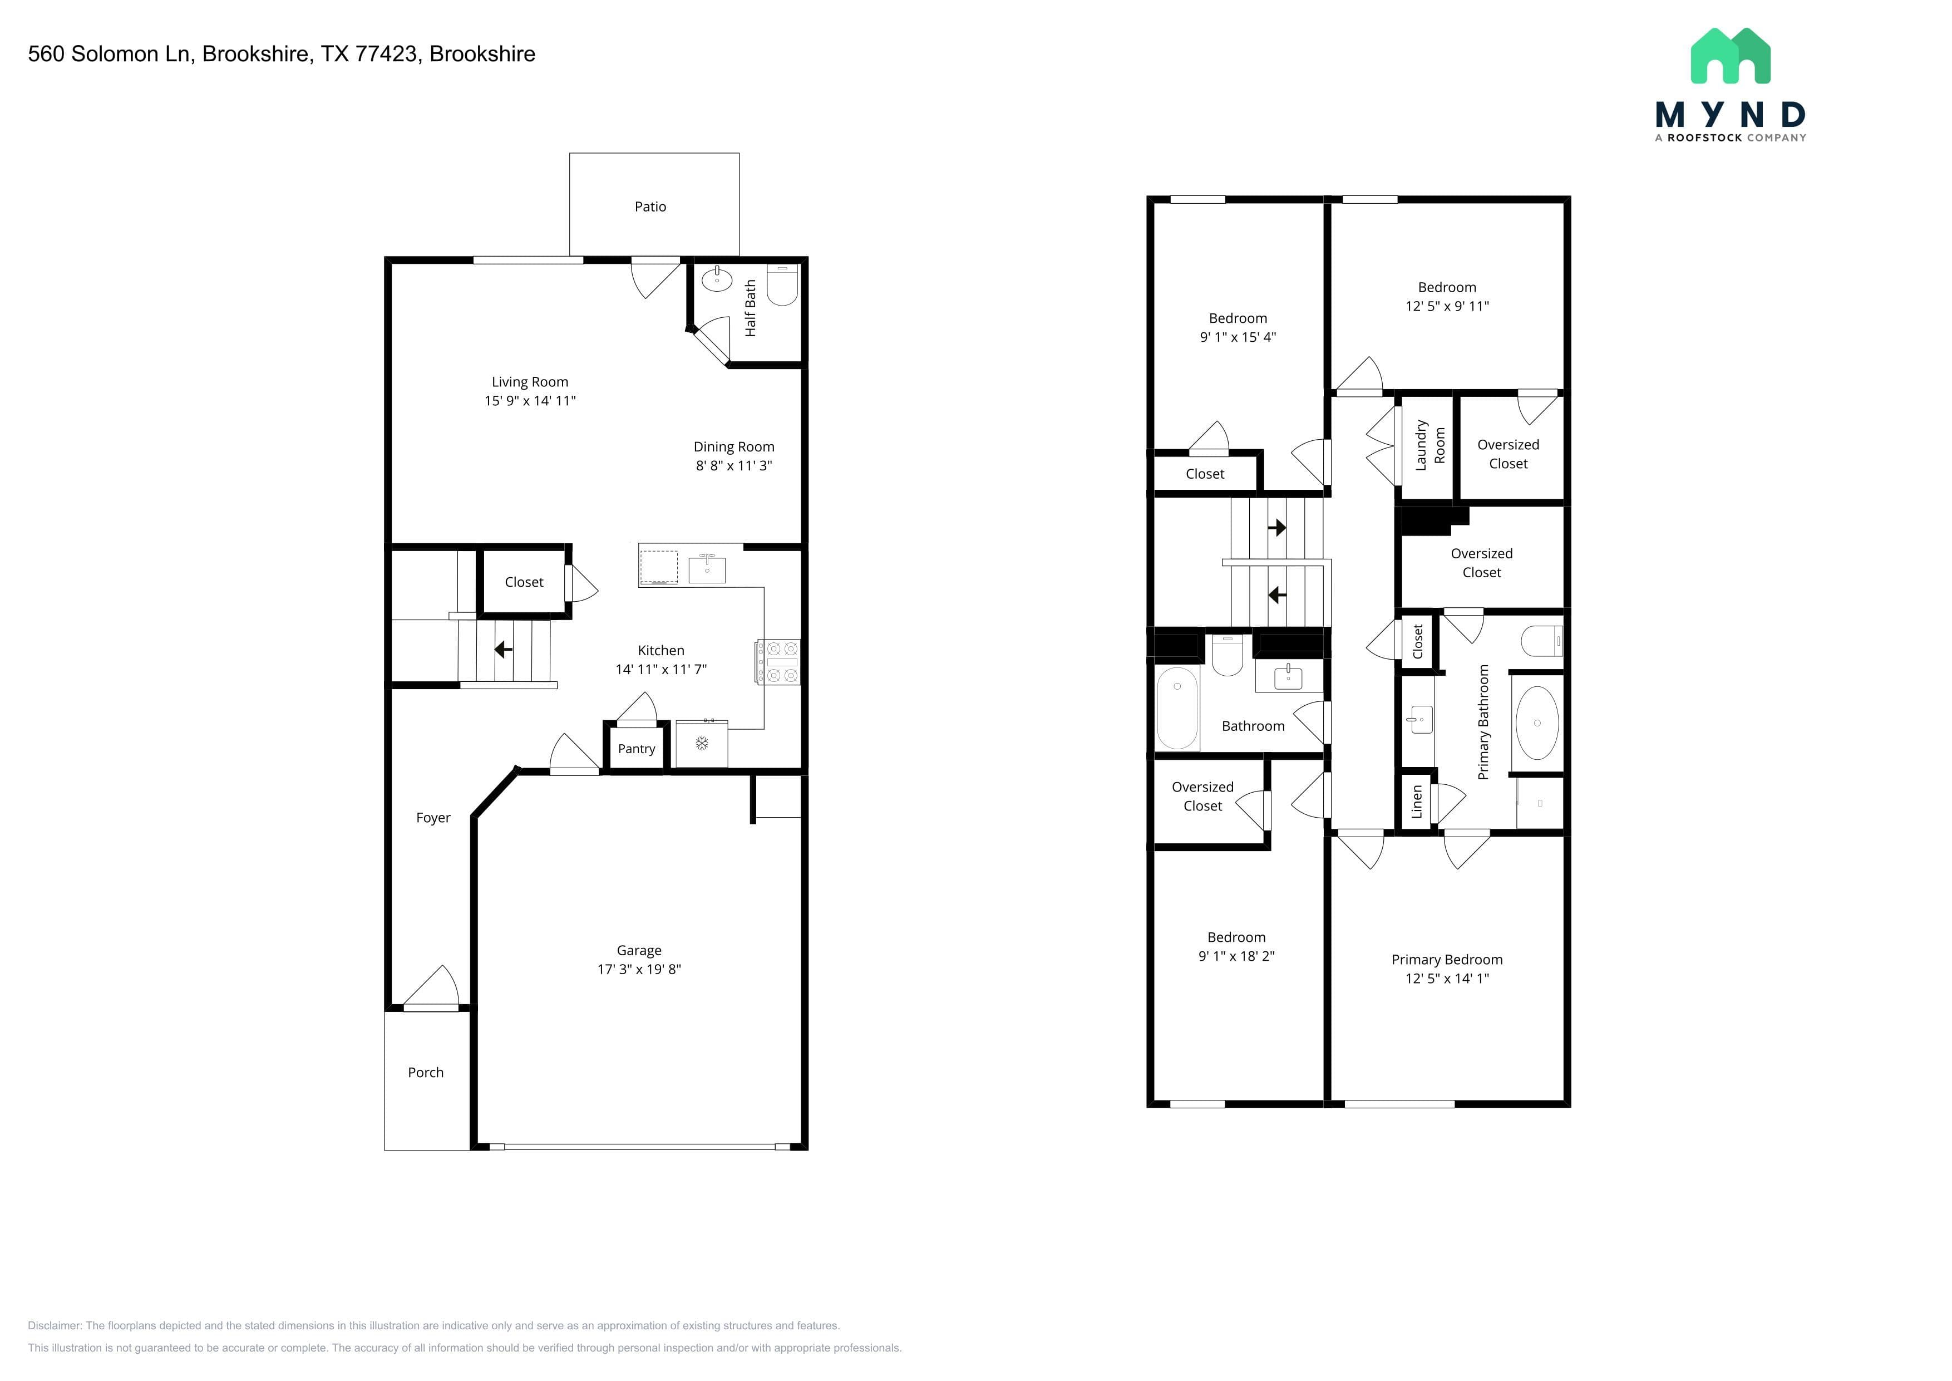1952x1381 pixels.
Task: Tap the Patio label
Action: (x=650, y=207)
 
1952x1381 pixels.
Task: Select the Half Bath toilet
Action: (x=782, y=285)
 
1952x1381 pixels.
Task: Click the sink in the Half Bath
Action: (x=717, y=278)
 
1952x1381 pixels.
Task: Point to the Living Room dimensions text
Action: (x=530, y=401)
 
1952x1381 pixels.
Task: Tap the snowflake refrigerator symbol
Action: (x=702, y=743)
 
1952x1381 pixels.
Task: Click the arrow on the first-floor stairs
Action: (x=504, y=650)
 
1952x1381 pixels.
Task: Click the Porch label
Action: (x=426, y=1072)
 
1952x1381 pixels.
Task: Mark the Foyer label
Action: (x=433, y=818)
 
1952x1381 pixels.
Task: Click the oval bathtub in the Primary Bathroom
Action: (x=1537, y=723)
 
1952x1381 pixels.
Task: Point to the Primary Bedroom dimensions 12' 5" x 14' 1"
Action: (x=1447, y=978)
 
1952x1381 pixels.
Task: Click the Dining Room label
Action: (x=734, y=446)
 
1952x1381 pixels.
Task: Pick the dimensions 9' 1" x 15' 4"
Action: (x=1238, y=337)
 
